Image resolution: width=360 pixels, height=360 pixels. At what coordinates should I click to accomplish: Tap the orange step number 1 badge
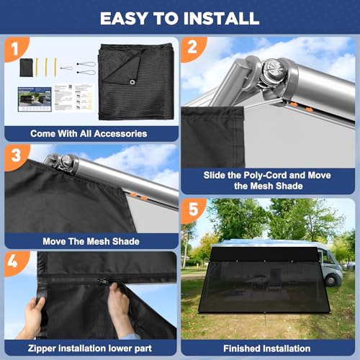pos(16,49)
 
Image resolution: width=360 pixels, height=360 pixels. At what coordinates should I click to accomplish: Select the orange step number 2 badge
pos(193,48)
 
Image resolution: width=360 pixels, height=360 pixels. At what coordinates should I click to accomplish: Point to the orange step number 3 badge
pos(17,156)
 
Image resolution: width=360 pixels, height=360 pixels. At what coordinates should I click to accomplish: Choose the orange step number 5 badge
pos(193,210)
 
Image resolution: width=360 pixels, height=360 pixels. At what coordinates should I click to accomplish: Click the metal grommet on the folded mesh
pos(132,82)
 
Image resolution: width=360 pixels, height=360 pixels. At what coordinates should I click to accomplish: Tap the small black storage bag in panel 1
pos(26,68)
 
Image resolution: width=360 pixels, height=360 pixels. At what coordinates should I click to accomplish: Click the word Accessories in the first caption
pos(120,134)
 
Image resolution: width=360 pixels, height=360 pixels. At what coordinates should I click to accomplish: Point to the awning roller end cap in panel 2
pos(273,68)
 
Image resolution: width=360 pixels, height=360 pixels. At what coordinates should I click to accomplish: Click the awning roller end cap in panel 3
pos(66,160)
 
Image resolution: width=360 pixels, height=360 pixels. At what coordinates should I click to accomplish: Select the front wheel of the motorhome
pos(331,280)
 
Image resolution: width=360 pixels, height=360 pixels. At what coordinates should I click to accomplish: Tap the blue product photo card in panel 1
pos(35,99)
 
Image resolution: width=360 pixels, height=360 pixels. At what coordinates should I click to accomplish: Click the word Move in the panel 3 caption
pos(54,241)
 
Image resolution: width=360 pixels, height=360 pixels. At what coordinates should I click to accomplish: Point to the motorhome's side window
pos(328,257)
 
